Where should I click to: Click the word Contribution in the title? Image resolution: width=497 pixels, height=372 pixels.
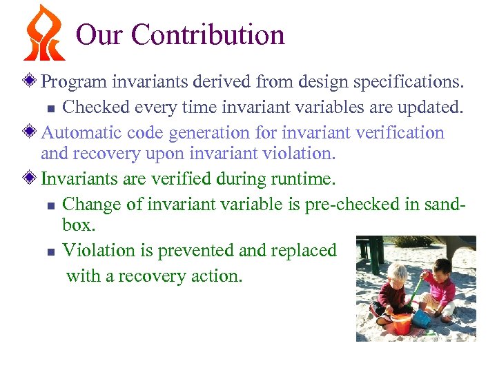tap(209, 34)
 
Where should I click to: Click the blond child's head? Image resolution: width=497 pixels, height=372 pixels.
tap(398, 271)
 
